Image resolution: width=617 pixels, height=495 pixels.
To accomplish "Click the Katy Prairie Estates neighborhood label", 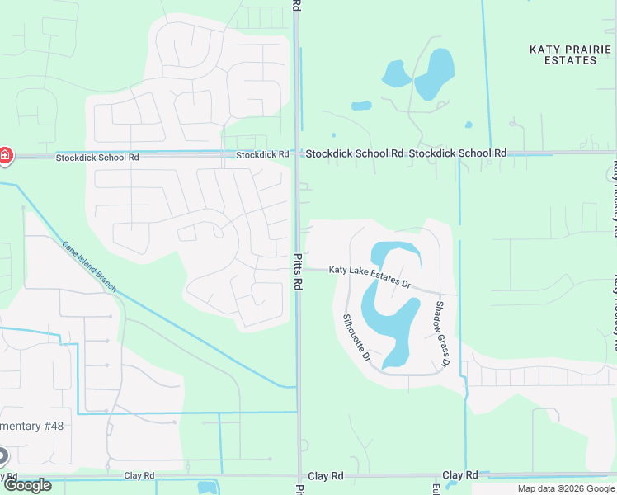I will coord(563,54).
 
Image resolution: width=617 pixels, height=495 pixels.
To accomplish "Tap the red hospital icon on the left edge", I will coord(5,155).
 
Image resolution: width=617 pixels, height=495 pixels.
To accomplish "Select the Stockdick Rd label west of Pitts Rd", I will coord(262,154).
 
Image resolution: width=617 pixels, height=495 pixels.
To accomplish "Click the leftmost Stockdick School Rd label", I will coord(97,157).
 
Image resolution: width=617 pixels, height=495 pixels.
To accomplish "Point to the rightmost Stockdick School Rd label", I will coord(457,153).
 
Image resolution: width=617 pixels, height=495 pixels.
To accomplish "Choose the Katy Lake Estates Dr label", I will coord(370,273).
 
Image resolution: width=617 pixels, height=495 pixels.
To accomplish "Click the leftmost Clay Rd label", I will coord(139,476).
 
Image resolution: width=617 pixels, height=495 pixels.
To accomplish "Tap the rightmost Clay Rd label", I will coord(459,475).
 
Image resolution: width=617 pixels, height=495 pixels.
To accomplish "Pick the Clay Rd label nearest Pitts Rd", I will coord(325,476).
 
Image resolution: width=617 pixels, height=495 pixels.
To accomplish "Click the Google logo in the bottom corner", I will coord(27,485).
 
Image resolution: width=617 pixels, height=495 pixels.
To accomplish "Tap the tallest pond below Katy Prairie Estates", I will coord(435,74).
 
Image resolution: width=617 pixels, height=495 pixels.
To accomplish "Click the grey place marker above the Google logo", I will coord(2,455).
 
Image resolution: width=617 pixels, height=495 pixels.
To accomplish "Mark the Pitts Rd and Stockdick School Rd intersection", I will coord(297,153).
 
